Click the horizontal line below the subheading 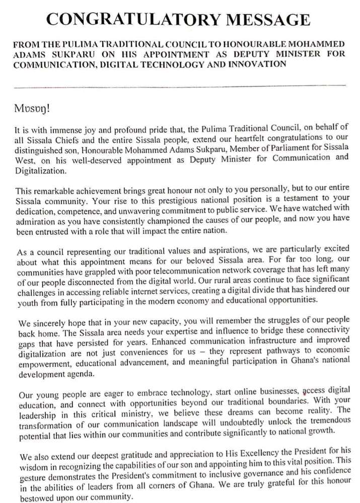click(x=180, y=86)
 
